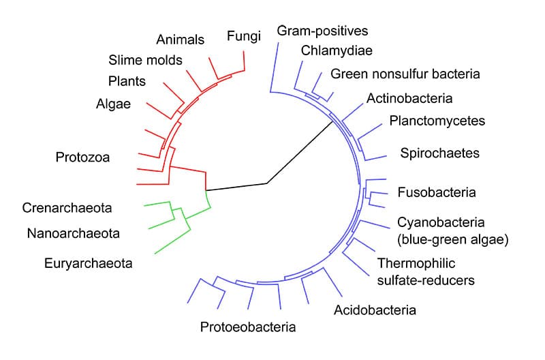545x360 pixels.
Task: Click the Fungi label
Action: pyautogui.click(x=244, y=36)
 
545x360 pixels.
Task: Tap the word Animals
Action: pyautogui.click(x=180, y=40)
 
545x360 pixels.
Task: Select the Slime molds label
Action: pyautogui.click(x=145, y=60)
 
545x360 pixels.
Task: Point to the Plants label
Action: pyautogui.click(x=127, y=81)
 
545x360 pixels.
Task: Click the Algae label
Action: pyautogui.click(x=113, y=104)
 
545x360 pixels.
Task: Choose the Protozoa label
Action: pyautogui.click(x=82, y=157)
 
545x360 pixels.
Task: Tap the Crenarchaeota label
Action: pyautogui.click(x=67, y=208)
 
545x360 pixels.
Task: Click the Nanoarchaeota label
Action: pyautogui.click(x=74, y=233)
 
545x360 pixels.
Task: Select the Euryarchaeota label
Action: pyautogui.click(x=89, y=263)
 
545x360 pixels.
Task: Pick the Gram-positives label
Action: pyautogui.click(x=322, y=31)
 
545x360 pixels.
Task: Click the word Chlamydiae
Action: pyautogui.click(x=337, y=50)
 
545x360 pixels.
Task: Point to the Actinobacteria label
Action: pyautogui.click(x=409, y=98)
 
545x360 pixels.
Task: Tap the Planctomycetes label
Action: pyautogui.click(x=437, y=121)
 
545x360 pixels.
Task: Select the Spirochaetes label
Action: pyautogui.click(x=439, y=153)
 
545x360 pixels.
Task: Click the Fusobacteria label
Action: pyautogui.click(x=437, y=192)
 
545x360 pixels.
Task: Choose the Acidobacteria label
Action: pyautogui.click(x=375, y=310)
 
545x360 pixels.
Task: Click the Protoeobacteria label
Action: pyautogui.click(x=248, y=327)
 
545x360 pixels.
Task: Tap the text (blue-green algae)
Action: pyautogui.click(x=453, y=239)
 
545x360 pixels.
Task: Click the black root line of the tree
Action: pyautogui.click(x=267, y=183)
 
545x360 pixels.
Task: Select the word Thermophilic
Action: pyautogui.click(x=416, y=263)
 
